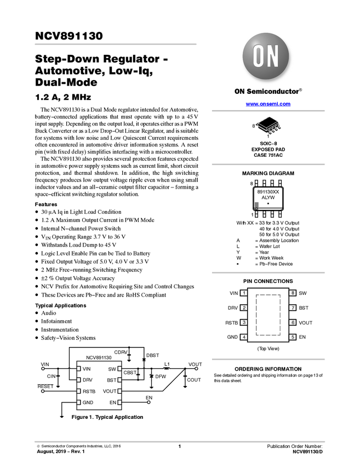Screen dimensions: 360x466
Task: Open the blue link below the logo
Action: click(268, 104)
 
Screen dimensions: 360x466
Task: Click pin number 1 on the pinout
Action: click(244, 293)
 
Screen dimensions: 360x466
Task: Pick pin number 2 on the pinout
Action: click(244, 308)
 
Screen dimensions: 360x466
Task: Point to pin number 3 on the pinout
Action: click(244, 322)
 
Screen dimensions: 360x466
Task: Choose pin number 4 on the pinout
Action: click(244, 337)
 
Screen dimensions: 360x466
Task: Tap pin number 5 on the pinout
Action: click(293, 337)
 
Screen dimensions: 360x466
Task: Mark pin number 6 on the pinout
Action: click(293, 322)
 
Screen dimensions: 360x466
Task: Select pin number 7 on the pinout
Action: click(293, 308)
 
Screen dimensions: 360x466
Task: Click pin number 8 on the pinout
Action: click(293, 293)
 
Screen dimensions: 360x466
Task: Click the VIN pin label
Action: click(87, 369)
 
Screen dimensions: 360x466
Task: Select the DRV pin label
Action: click(88, 380)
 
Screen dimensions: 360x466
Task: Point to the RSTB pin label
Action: click(89, 391)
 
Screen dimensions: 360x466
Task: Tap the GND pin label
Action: click(88, 402)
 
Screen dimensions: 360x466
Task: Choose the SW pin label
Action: click(112, 369)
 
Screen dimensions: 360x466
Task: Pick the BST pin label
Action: click(111, 380)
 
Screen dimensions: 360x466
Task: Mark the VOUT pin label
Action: click(110, 391)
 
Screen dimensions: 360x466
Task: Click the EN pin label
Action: click(113, 402)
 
